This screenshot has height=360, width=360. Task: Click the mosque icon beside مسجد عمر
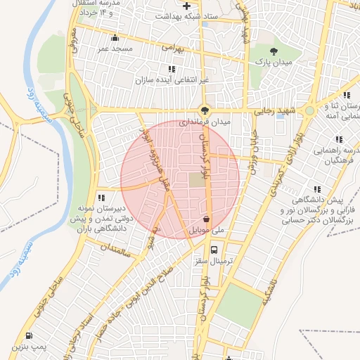point(115,38)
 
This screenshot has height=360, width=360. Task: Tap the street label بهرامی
point(172,48)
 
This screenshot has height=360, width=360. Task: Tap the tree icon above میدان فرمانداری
point(204,110)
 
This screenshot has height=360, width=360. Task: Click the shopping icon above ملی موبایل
point(205,219)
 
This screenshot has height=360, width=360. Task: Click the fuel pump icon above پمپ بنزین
point(28,335)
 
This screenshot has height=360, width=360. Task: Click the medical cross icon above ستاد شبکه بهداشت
point(186,6)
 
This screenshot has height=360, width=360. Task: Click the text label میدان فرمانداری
point(204,123)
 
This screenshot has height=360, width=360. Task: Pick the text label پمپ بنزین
point(27,347)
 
